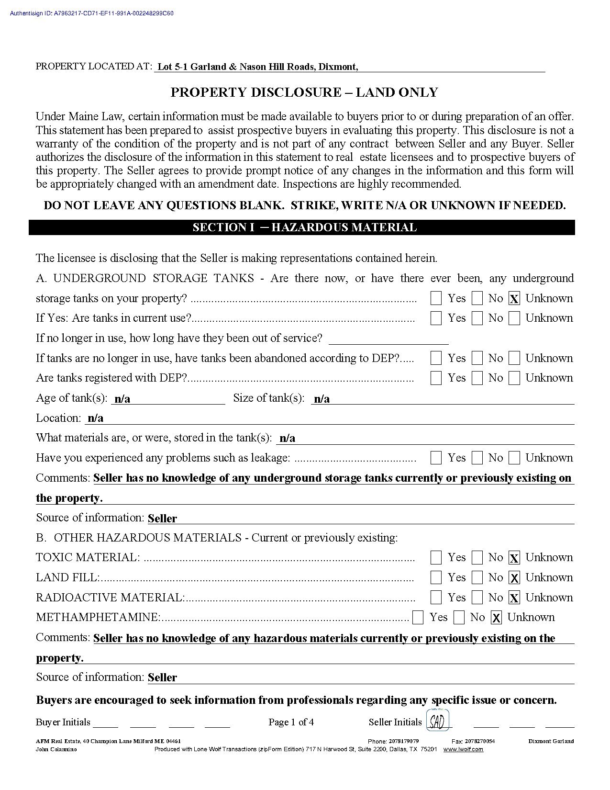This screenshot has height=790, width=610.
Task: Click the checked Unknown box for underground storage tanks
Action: point(514,299)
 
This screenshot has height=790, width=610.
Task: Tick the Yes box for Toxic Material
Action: point(436,557)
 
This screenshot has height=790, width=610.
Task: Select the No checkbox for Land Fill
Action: point(477,577)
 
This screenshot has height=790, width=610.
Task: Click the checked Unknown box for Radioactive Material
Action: point(514,598)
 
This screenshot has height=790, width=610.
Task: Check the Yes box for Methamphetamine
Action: point(418,618)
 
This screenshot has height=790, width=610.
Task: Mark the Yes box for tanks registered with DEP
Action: point(436,378)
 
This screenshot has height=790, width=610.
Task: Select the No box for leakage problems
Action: point(477,458)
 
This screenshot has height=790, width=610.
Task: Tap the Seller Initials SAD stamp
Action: point(437,722)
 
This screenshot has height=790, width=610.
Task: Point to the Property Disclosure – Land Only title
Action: point(304,92)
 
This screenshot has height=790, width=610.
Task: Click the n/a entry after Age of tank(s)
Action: point(122,399)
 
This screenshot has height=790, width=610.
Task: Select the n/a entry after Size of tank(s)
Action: point(322,399)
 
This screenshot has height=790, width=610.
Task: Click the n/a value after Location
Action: point(96,418)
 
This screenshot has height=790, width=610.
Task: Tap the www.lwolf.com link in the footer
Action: point(463,749)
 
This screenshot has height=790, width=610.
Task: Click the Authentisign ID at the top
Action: point(91,13)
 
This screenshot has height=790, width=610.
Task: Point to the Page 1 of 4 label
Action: point(291,722)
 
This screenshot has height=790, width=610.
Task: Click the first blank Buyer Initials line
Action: point(105,724)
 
